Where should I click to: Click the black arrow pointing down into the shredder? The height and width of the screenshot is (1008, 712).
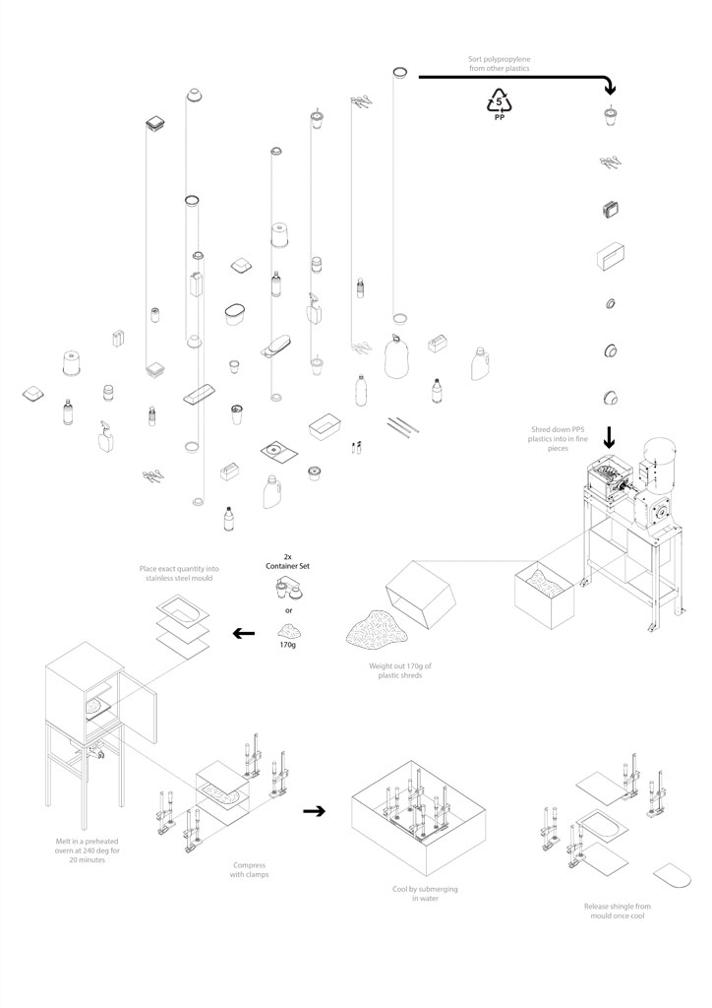pyautogui.click(x=609, y=433)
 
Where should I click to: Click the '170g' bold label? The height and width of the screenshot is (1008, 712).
pyautogui.click(x=287, y=647)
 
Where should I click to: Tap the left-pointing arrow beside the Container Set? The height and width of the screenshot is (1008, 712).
pyautogui.click(x=240, y=633)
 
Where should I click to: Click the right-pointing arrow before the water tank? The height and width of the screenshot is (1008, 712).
pyautogui.click(x=314, y=811)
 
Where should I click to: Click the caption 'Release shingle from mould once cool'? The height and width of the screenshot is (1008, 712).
pyautogui.click(x=617, y=911)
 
